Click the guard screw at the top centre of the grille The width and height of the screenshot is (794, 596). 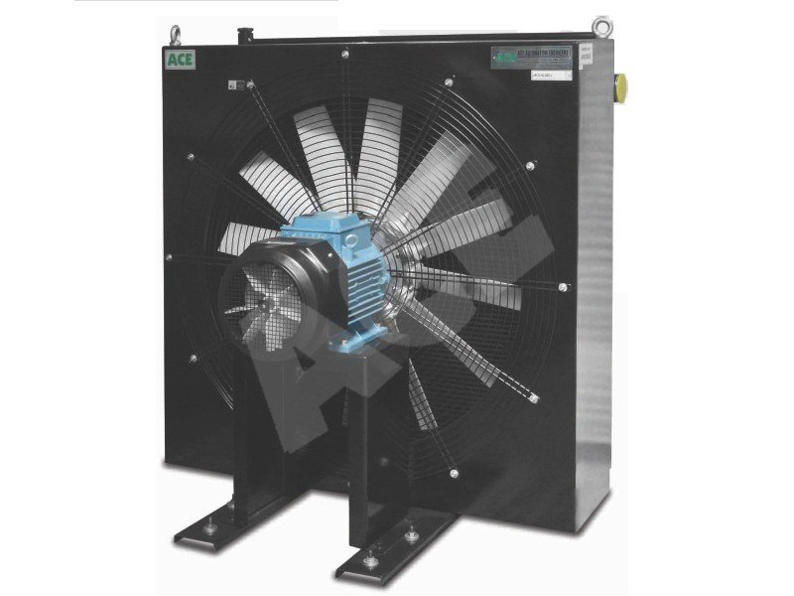coord(343,53)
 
